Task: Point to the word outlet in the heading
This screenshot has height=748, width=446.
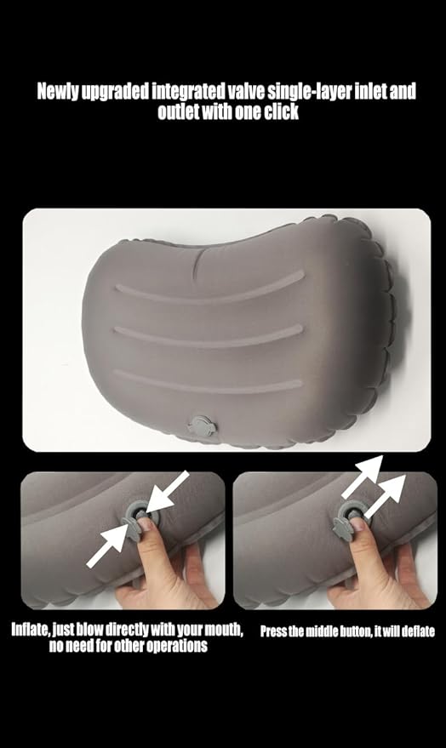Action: point(179,111)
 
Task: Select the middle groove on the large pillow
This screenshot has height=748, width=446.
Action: point(209,332)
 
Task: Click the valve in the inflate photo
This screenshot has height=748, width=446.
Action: point(137,515)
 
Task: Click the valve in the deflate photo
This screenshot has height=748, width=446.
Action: point(350,516)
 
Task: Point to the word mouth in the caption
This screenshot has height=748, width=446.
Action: point(224,631)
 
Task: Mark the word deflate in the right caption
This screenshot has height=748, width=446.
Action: point(415,631)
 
